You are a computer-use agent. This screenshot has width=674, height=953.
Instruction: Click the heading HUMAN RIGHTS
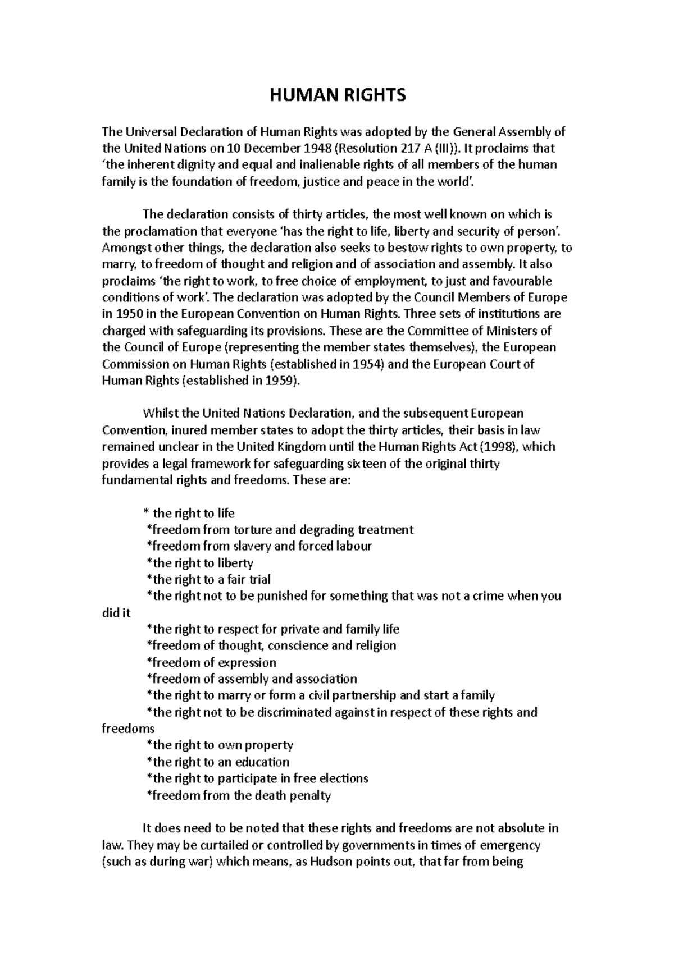click(337, 96)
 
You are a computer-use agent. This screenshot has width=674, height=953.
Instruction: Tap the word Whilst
click(159, 414)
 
